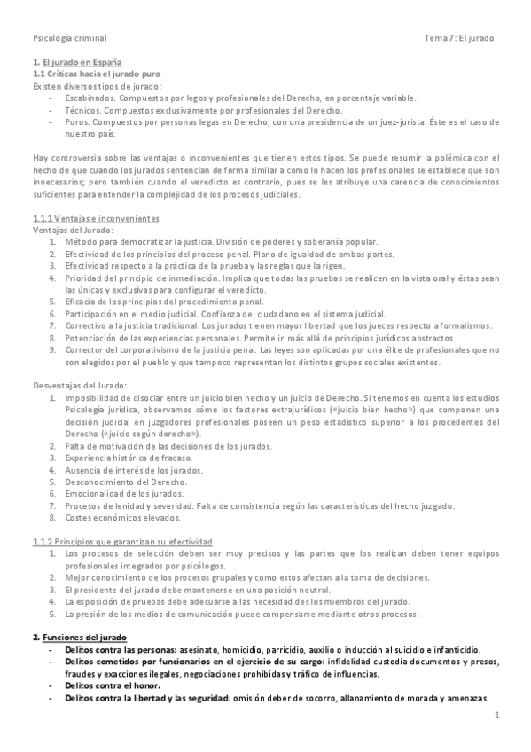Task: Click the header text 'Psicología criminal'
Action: point(68,39)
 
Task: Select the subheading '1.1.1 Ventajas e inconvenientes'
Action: point(96,218)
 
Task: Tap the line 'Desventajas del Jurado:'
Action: point(81,385)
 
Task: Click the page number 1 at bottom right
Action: point(497,715)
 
